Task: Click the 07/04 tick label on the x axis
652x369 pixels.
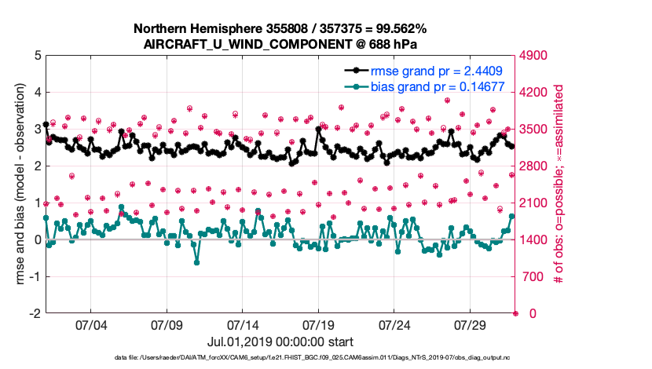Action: (90, 324)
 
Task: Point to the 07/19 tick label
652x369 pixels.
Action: (318, 324)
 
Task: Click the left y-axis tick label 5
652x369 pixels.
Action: (37, 56)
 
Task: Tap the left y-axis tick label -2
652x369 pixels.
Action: (35, 313)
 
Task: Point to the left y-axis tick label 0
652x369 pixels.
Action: (37, 239)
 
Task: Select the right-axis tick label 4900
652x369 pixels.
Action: (537, 56)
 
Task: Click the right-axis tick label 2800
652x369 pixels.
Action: (537, 166)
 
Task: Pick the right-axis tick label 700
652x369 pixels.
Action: (533, 276)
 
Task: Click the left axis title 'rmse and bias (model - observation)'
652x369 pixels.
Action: (17, 184)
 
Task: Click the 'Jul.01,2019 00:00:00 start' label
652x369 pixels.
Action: (280, 342)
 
